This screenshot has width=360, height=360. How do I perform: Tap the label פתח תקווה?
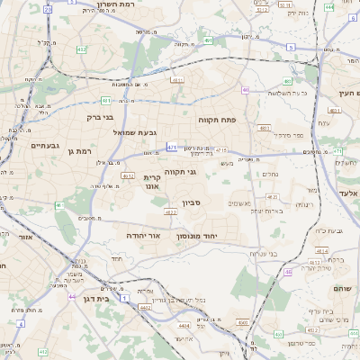click(x=217, y=118)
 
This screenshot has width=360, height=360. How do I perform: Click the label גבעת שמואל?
click(x=136, y=132)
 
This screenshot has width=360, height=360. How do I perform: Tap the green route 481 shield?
click(x=106, y=101)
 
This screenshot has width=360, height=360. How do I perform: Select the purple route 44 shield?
click(x=71, y=295)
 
